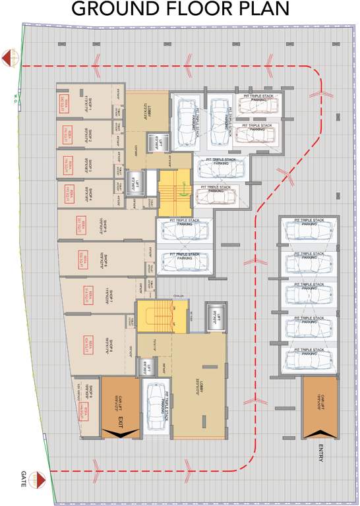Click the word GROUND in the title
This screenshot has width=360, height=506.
tap(116, 9)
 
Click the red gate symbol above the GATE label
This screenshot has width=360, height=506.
tap(41, 476)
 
